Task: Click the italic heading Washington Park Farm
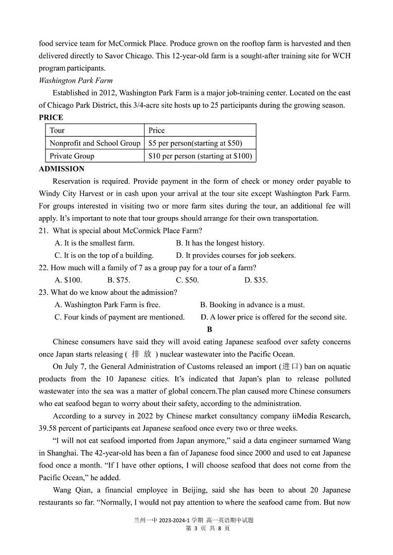pyautogui.click(x=76, y=81)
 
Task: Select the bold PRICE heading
pyautogui.click(x=51, y=118)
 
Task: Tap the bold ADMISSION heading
pyautogui.click(x=61, y=169)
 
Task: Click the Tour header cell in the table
pyautogui.click(x=57, y=131)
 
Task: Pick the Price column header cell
pyautogui.click(x=156, y=131)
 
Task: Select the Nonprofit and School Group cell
pyautogui.click(x=95, y=143)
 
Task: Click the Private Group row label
pyautogui.click(x=72, y=156)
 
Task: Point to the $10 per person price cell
pyautogui.click(x=200, y=156)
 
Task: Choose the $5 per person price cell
pyautogui.click(x=195, y=143)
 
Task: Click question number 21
pyautogui.click(x=44, y=231)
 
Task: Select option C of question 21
pyautogui.click(x=104, y=255)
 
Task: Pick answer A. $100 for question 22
pyautogui.click(x=68, y=280)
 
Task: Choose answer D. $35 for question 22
pyautogui.click(x=256, y=280)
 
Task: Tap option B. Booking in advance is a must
pyautogui.click(x=252, y=305)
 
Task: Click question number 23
pyautogui.click(x=44, y=292)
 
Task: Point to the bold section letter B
pyautogui.click(x=209, y=329)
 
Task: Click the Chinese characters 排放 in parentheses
pyautogui.click(x=141, y=354)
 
